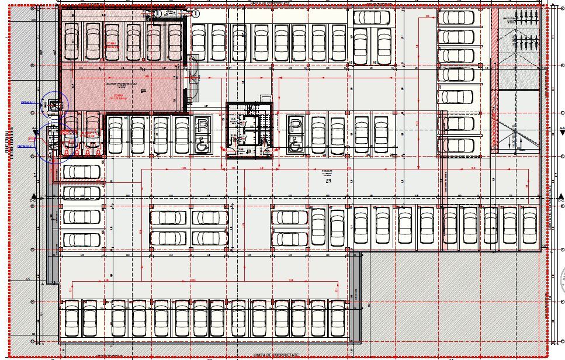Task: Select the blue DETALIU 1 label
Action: point(28,102)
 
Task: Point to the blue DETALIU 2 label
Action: point(26,146)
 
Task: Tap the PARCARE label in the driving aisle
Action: point(327,172)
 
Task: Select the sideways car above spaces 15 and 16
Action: point(370,18)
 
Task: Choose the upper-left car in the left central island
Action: point(168,218)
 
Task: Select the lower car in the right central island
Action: point(289,239)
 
